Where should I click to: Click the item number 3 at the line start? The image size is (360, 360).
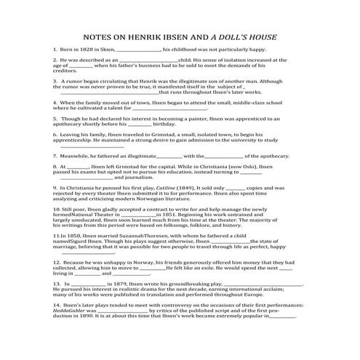tap(55, 81)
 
